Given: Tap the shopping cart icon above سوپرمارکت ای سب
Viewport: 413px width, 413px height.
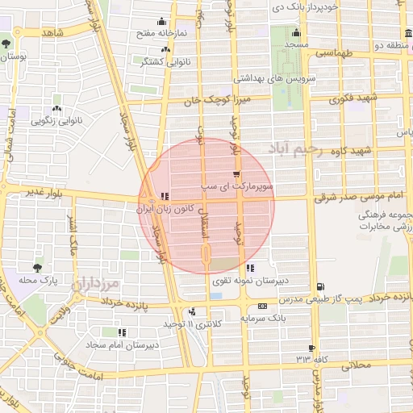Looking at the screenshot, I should pyautogui.click(x=236, y=173).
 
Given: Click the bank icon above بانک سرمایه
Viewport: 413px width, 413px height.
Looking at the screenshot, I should pyautogui.click(x=262, y=306).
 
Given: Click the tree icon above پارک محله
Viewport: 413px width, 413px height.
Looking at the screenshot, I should pyautogui.click(x=37, y=268).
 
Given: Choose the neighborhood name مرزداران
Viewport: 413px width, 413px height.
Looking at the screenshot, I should pyautogui.click(x=95, y=285).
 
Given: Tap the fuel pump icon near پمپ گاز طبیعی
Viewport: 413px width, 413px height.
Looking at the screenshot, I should pyautogui.click(x=322, y=287).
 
